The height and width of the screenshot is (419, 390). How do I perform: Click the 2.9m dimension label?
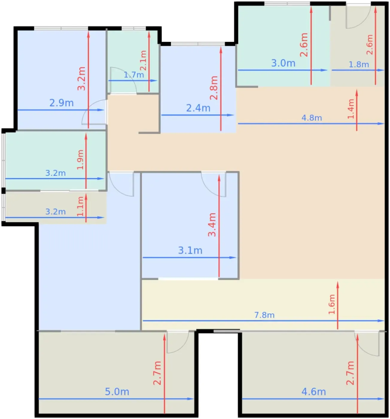point(61,103)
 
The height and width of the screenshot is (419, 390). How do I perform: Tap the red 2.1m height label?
point(143,60)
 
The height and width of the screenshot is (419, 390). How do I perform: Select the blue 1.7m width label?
point(134,75)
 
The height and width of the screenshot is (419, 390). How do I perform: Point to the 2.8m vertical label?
point(214,88)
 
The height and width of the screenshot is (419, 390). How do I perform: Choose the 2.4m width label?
point(198,108)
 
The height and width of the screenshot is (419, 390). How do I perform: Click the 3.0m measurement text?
point(283,63)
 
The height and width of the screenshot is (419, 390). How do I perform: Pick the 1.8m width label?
point(359,64)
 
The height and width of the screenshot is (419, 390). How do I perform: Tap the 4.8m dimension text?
point(312,118)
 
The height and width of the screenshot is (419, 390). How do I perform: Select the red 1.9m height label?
point(80,160)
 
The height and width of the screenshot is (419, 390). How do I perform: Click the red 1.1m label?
point(80,206)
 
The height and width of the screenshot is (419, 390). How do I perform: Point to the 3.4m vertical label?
point(212,225)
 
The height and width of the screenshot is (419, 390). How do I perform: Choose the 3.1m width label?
point(190,251)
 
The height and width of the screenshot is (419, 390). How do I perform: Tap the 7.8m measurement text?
point(264,315)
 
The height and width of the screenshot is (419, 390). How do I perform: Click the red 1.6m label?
point(332,304)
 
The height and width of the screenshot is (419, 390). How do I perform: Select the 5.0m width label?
point(117,392)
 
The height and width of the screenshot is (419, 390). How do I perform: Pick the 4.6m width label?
point(313,392)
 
